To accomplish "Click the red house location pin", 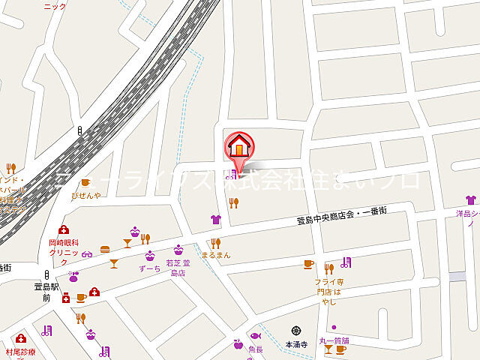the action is tap(238, 147).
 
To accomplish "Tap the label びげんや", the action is tap(85, 195).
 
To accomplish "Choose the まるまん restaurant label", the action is tap(216, 255).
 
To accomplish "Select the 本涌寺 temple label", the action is tap(297, 343).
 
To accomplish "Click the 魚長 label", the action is tap(255, 349).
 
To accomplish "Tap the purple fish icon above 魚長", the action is tap(255, 336).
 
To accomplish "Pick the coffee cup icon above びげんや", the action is tap(85, 182).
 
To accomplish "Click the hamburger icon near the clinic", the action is tap(105, 249).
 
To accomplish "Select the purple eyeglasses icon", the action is tap(88, 253).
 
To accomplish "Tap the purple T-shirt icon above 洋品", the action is tap(470, 200).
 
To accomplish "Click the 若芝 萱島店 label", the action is tap(178, 268).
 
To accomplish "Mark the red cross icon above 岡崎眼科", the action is tap(63, 230).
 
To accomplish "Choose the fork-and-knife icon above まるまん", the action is tap(216, 242).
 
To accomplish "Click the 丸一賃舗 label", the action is tap(334, 340).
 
